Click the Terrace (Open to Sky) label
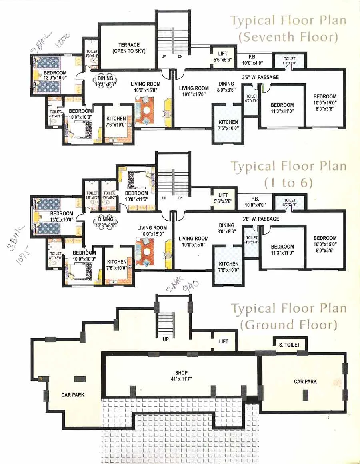pyautogui.click(x=128, y=48)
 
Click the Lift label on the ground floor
pyautogui.click(x=223, y=341)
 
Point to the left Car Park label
pyautogui.click(x=72, y=395)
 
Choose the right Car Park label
pyautogui.click(x=305, y=382)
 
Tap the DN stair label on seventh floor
pyautogui.click(x=180, y=56)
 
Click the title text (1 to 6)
pyautogui.click(x=288, y=183)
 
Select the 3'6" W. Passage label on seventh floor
pyautogui.click(x=260, y=77)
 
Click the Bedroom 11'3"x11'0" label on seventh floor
pyautogui.click(x=282, y=108)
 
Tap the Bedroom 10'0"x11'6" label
pyautogui.click(x=136, y=196)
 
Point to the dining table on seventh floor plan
pyautogui.click(x=106, y=78)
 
